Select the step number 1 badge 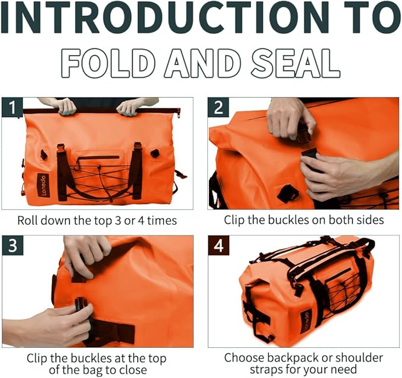click(x=12, y=108)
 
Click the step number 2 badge click(x=218, y=108)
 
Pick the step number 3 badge click(x=12, y=245)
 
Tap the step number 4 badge click(x=218, y=245)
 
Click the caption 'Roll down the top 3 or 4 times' click(x=97, y=221)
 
